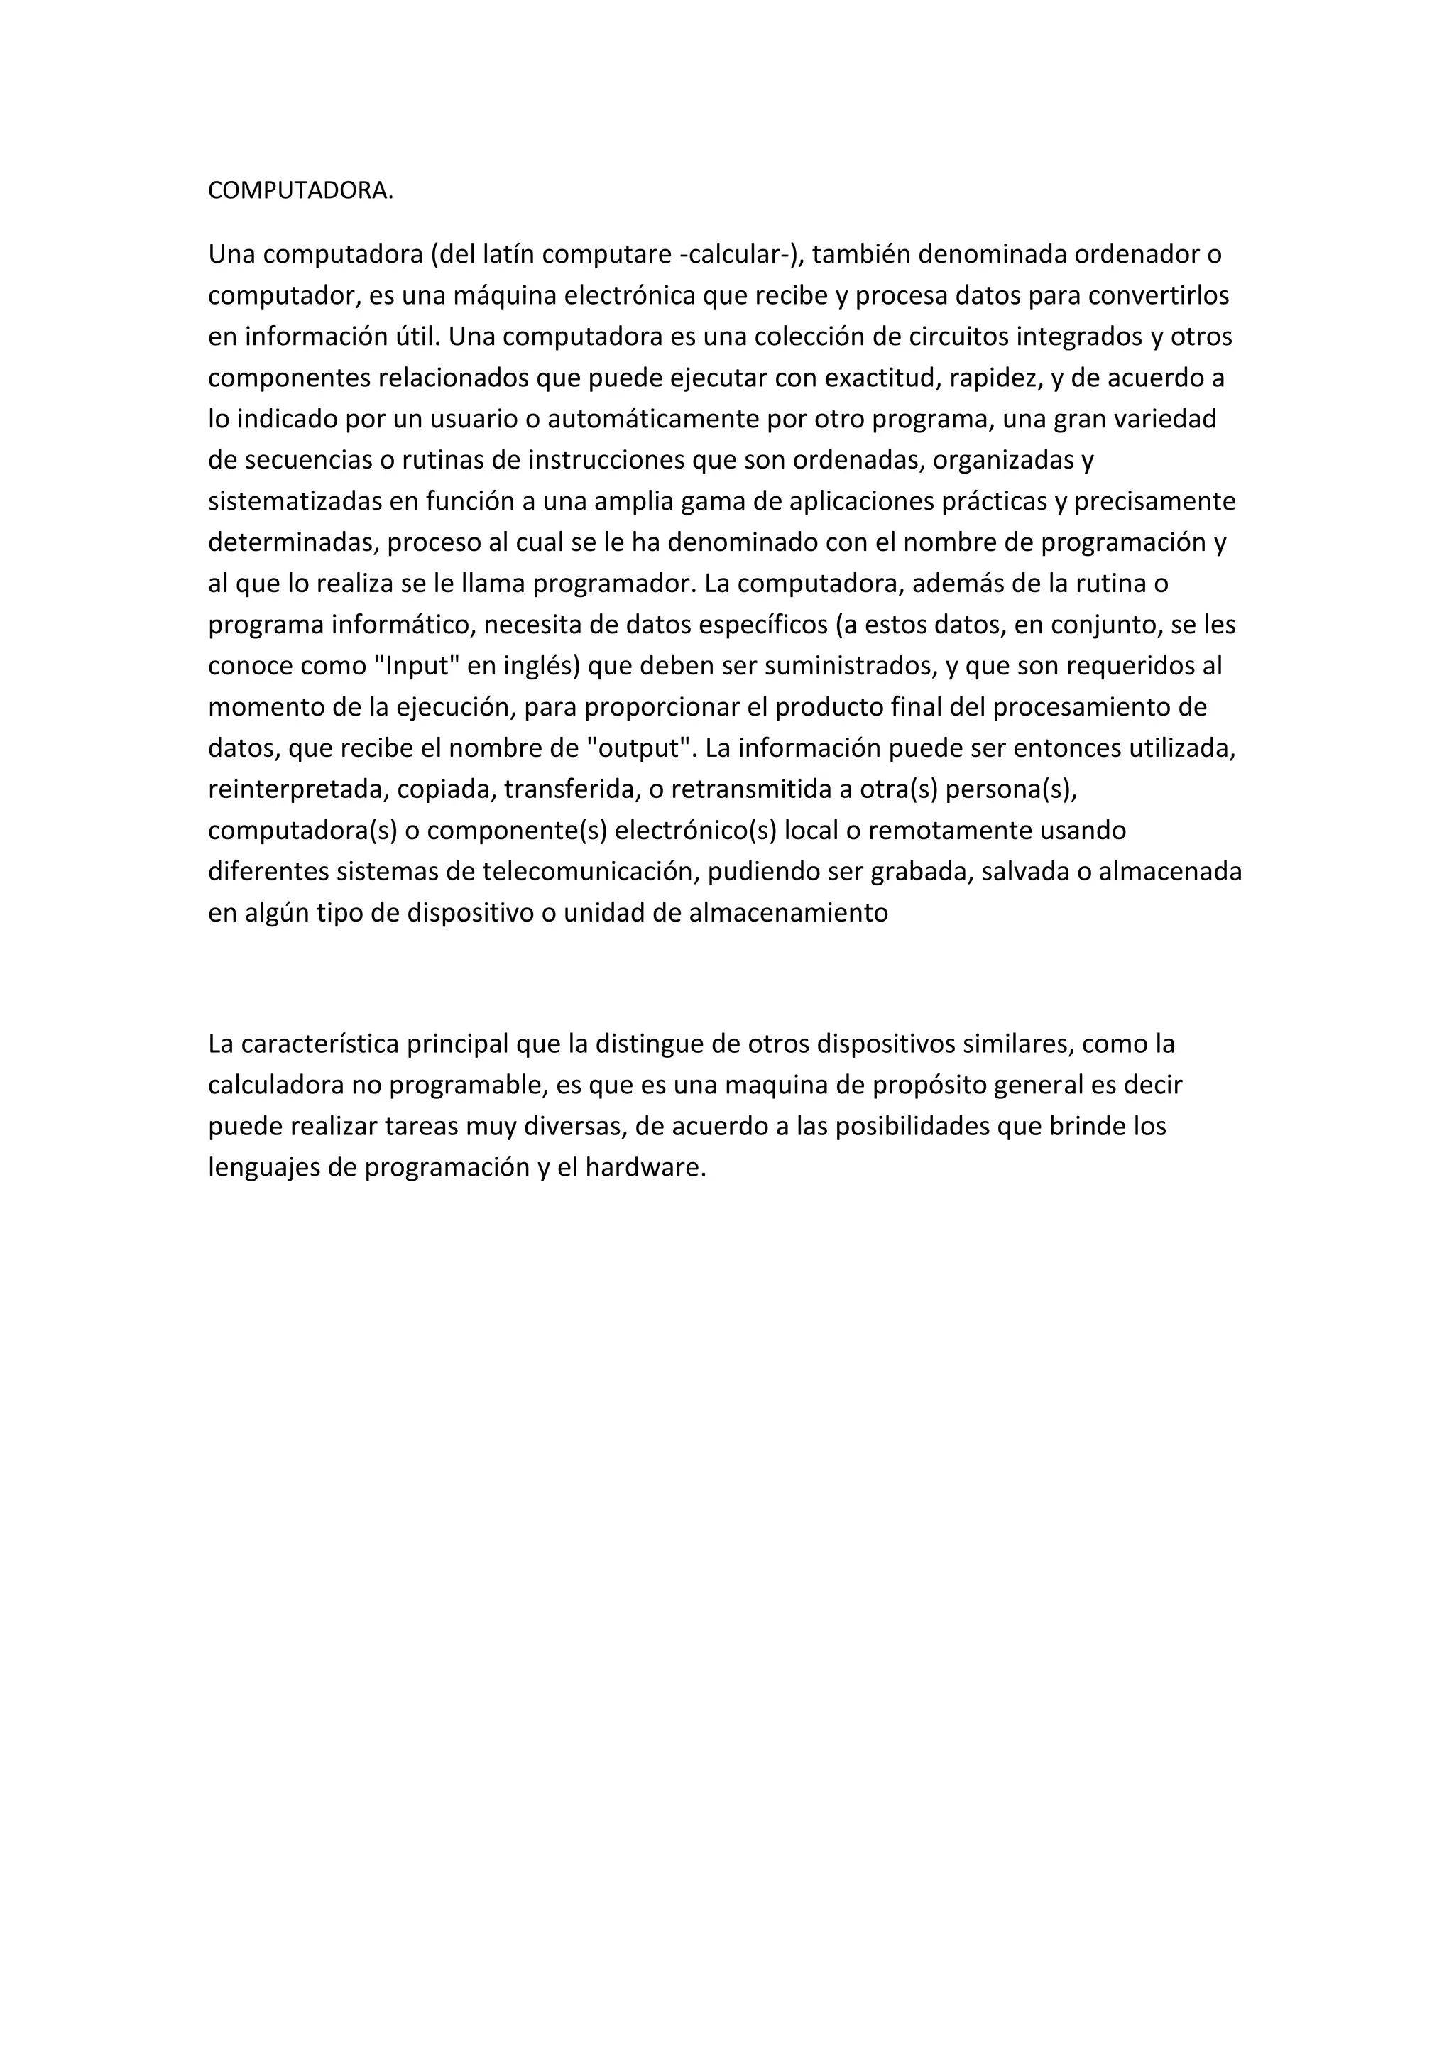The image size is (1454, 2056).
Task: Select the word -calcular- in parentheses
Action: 737,255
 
